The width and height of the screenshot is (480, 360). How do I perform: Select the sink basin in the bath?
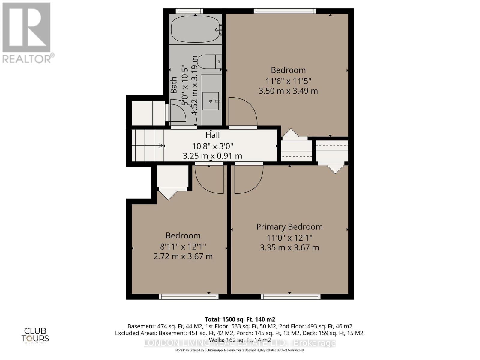click(x=211, y=101)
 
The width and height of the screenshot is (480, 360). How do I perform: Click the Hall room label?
click(x=212, y=135)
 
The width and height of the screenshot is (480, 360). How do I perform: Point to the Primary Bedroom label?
click(x=289, y=227)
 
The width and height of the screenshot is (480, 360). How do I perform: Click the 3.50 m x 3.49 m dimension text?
click(x=288, y=91)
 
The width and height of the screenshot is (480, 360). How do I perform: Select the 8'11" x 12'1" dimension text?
click(x=183, y=247)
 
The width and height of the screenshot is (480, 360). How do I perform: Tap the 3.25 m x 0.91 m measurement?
click(x=212, y=156)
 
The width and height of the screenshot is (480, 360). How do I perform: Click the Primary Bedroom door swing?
click(x=248, y=179)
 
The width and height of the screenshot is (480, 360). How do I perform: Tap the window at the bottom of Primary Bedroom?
click(x=290, y=297)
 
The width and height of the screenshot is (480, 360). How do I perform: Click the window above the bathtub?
click(x=189, y=11)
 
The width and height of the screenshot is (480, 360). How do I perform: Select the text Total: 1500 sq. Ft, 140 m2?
click(x=240, y=319)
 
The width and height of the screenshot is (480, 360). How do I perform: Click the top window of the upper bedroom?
click(x=285, y=11)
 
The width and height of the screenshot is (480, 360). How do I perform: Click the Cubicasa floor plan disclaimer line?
click(x=240, y=350)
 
